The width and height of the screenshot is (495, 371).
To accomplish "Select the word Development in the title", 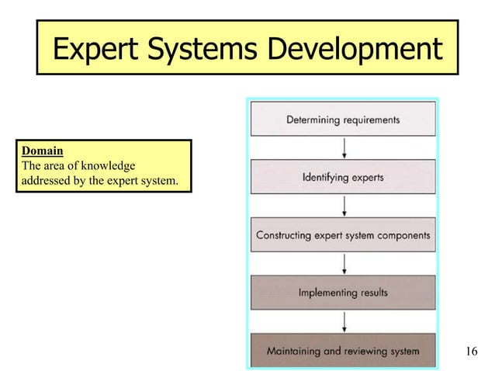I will click(x=356, y=49).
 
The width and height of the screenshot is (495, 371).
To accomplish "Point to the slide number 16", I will click(x=470, y=352).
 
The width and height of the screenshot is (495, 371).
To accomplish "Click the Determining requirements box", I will click(x=343, y=120).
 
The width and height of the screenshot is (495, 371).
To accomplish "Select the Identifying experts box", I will click(x=343, y=177).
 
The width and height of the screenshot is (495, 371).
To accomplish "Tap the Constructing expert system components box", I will click(x=343, y=234).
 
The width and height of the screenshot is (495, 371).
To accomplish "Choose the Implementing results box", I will click(x=343, y=293).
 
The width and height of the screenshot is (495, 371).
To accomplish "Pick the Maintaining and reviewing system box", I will click(x=343, y=351).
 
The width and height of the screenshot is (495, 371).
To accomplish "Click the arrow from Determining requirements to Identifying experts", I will click(x=344, y=148).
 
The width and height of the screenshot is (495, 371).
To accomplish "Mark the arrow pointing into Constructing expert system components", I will click(x=344, y=206).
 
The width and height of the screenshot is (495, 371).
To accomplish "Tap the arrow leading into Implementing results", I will click(x=344, y=264).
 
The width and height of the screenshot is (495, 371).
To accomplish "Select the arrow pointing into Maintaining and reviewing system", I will click(x=344, y=321).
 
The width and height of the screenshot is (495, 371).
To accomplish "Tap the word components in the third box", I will click(x=396, y=235).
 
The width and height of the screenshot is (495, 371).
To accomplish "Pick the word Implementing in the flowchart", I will click(x=328, y=293).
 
